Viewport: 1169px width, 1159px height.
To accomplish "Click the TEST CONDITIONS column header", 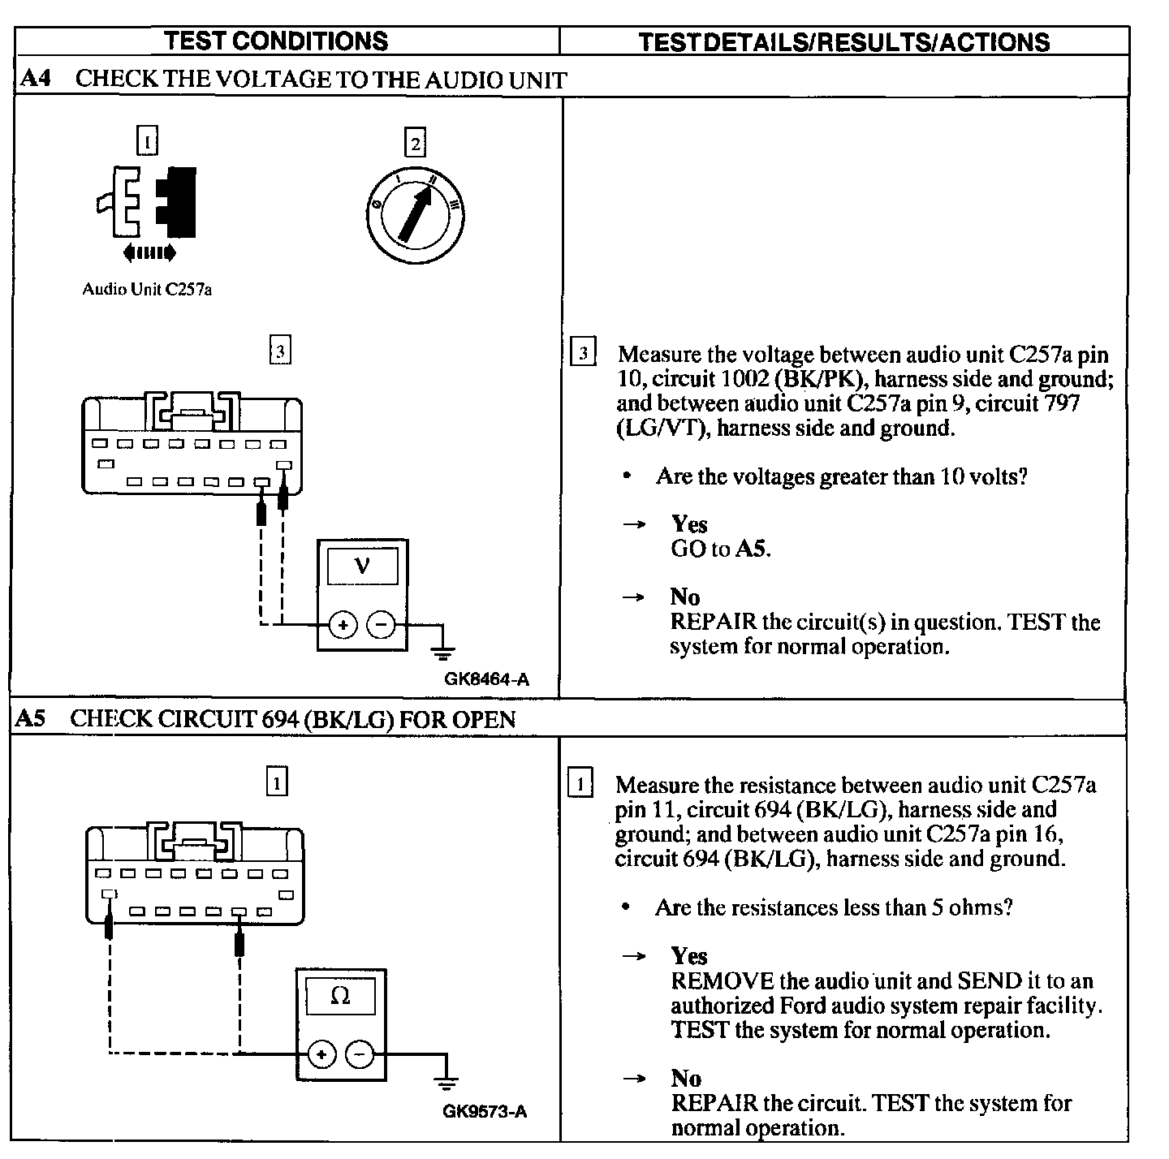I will coord(276,41).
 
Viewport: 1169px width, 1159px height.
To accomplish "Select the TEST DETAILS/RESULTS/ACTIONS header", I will coord(844,42).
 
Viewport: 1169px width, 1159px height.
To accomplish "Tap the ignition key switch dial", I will coord(416,214).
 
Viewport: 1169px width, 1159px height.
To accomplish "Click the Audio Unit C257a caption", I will coord(147,290).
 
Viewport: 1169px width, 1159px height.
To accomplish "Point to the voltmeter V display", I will coord(362,566).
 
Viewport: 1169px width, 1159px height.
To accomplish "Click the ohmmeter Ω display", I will coord(341,996).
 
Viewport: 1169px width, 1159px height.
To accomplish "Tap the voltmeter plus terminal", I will coord(343,625).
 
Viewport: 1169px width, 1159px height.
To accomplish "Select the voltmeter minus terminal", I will coord(381,625).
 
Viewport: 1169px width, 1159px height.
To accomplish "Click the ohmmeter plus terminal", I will coord(322,1054).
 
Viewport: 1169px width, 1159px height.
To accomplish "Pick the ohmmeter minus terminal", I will coord(360,1054).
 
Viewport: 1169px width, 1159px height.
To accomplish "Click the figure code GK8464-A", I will coord(486,679).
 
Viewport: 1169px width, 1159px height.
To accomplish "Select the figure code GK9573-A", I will coord(485,1111).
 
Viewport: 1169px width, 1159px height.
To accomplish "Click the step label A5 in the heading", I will coord(31,718).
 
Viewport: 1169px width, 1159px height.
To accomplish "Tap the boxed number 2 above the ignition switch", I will coord(416,144).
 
